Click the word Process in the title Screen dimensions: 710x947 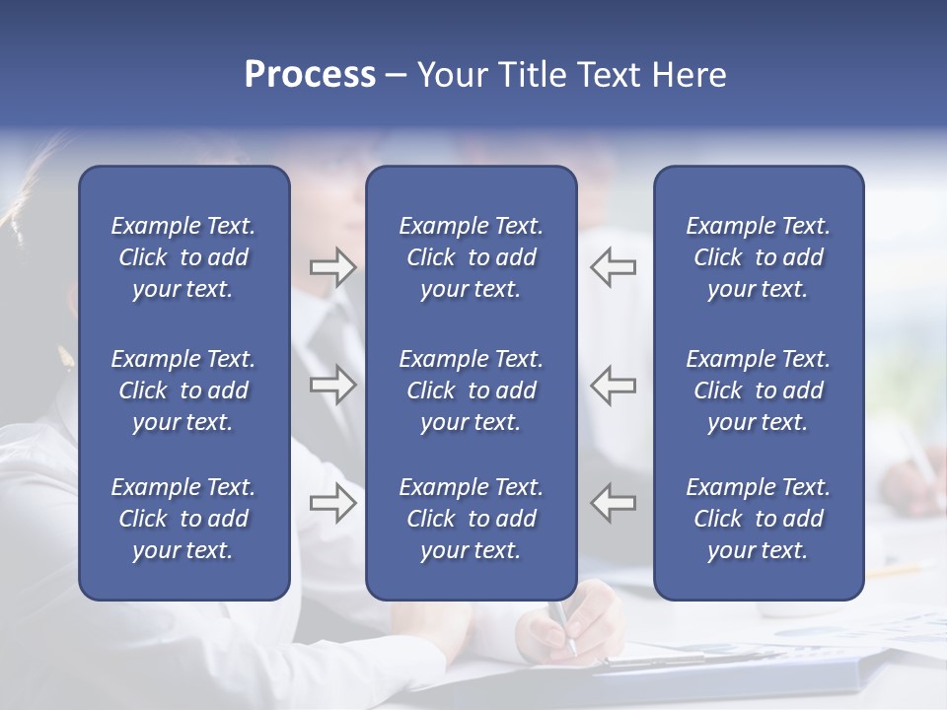pyautogui.click(x=310, y=75)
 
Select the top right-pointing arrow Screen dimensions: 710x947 pyautogui.click(x=332, y=267)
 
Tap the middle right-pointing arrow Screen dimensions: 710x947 pyautogui.click(x=332, y=385)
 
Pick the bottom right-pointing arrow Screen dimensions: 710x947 pyautogui.click(x=332, y=503)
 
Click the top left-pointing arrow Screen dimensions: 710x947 pyautogui.click(x=614, y=267)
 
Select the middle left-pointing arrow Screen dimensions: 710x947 pyautogui.click(x=614, y=385)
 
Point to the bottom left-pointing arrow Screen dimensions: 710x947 pyautogui.click(x=614, y=503)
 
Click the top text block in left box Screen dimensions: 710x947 pyautogui.click(x=183, y=257)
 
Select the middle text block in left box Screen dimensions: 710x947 pyautogui.click(x=183, y=390)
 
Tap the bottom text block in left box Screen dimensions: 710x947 pyautogui.click(x=183, y=519)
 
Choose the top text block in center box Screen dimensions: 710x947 pyautogui.click(x=471, y=257)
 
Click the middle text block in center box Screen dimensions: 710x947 pyautogui.click(x=471, y=390)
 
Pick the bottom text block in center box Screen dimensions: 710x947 pyautogui.click(x=471, y=519)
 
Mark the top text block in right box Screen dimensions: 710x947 pyautogui.click(x=758, y=257)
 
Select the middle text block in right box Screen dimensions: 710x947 pyautogui.click(x=758, y=390)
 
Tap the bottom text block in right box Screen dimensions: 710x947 pyautogui.click(x=758, y=519)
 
